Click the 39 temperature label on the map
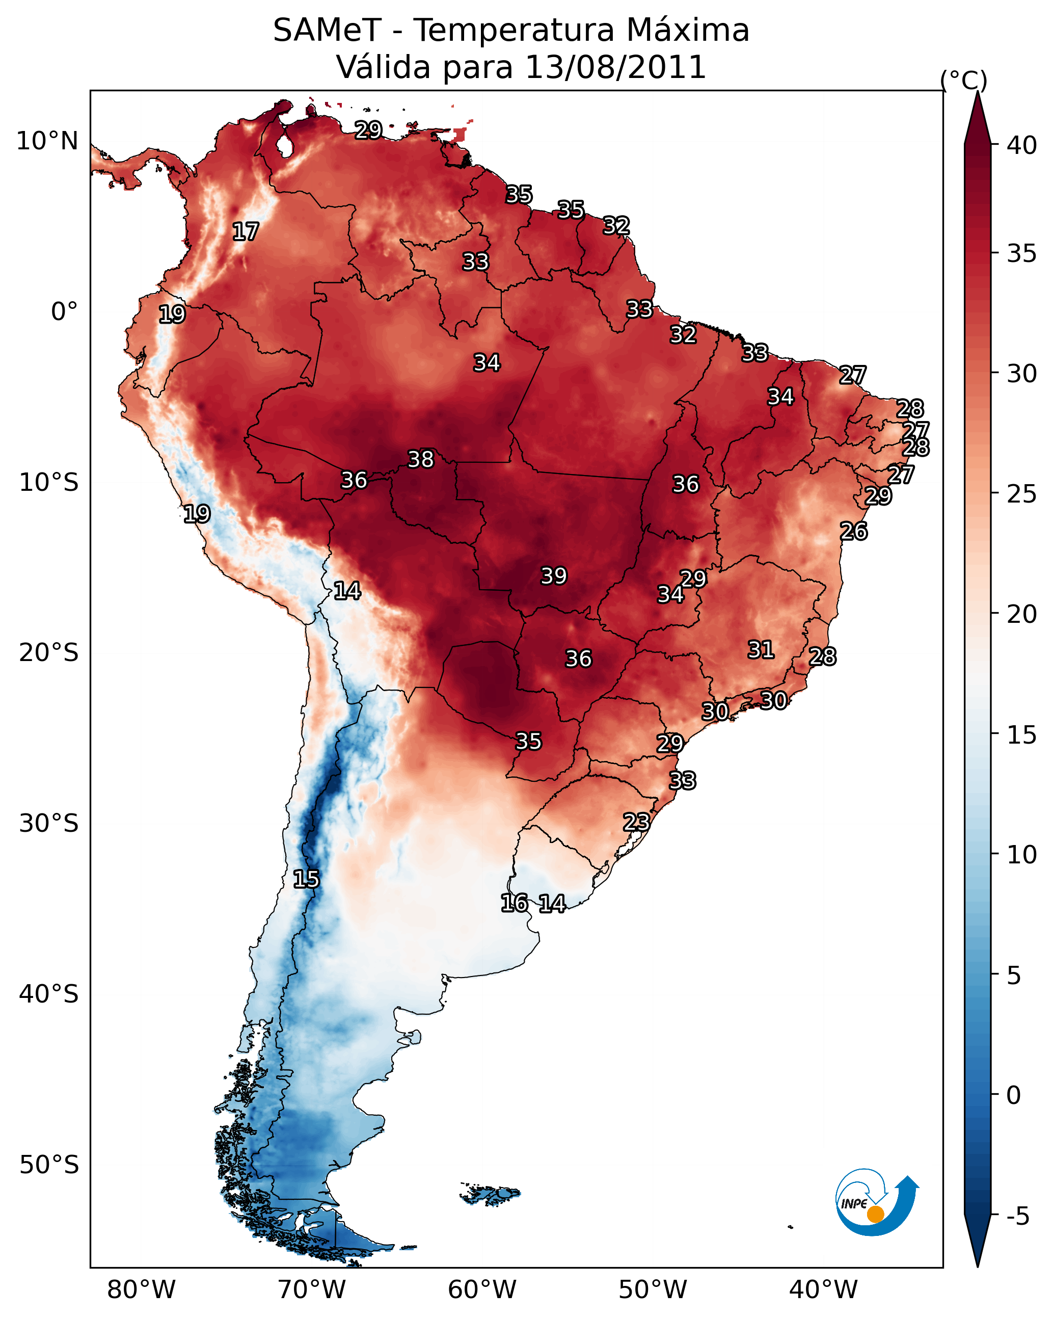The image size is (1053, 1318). tap(554, 576)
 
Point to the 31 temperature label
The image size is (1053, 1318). tap(761, 650)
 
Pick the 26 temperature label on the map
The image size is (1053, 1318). tap(853, 531)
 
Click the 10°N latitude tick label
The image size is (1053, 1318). tap(47, 141)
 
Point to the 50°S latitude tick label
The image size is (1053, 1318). tap(48, 1165)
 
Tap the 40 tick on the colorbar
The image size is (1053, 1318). tap(1021, 145)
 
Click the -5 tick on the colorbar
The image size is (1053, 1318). tap(1017, 1216)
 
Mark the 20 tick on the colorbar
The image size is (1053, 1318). tap(1021, 614)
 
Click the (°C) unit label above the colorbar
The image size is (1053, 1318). tap(963, 80)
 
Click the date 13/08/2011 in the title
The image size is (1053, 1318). tap(615, 67)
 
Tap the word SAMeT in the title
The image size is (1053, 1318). tap(327, 30)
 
